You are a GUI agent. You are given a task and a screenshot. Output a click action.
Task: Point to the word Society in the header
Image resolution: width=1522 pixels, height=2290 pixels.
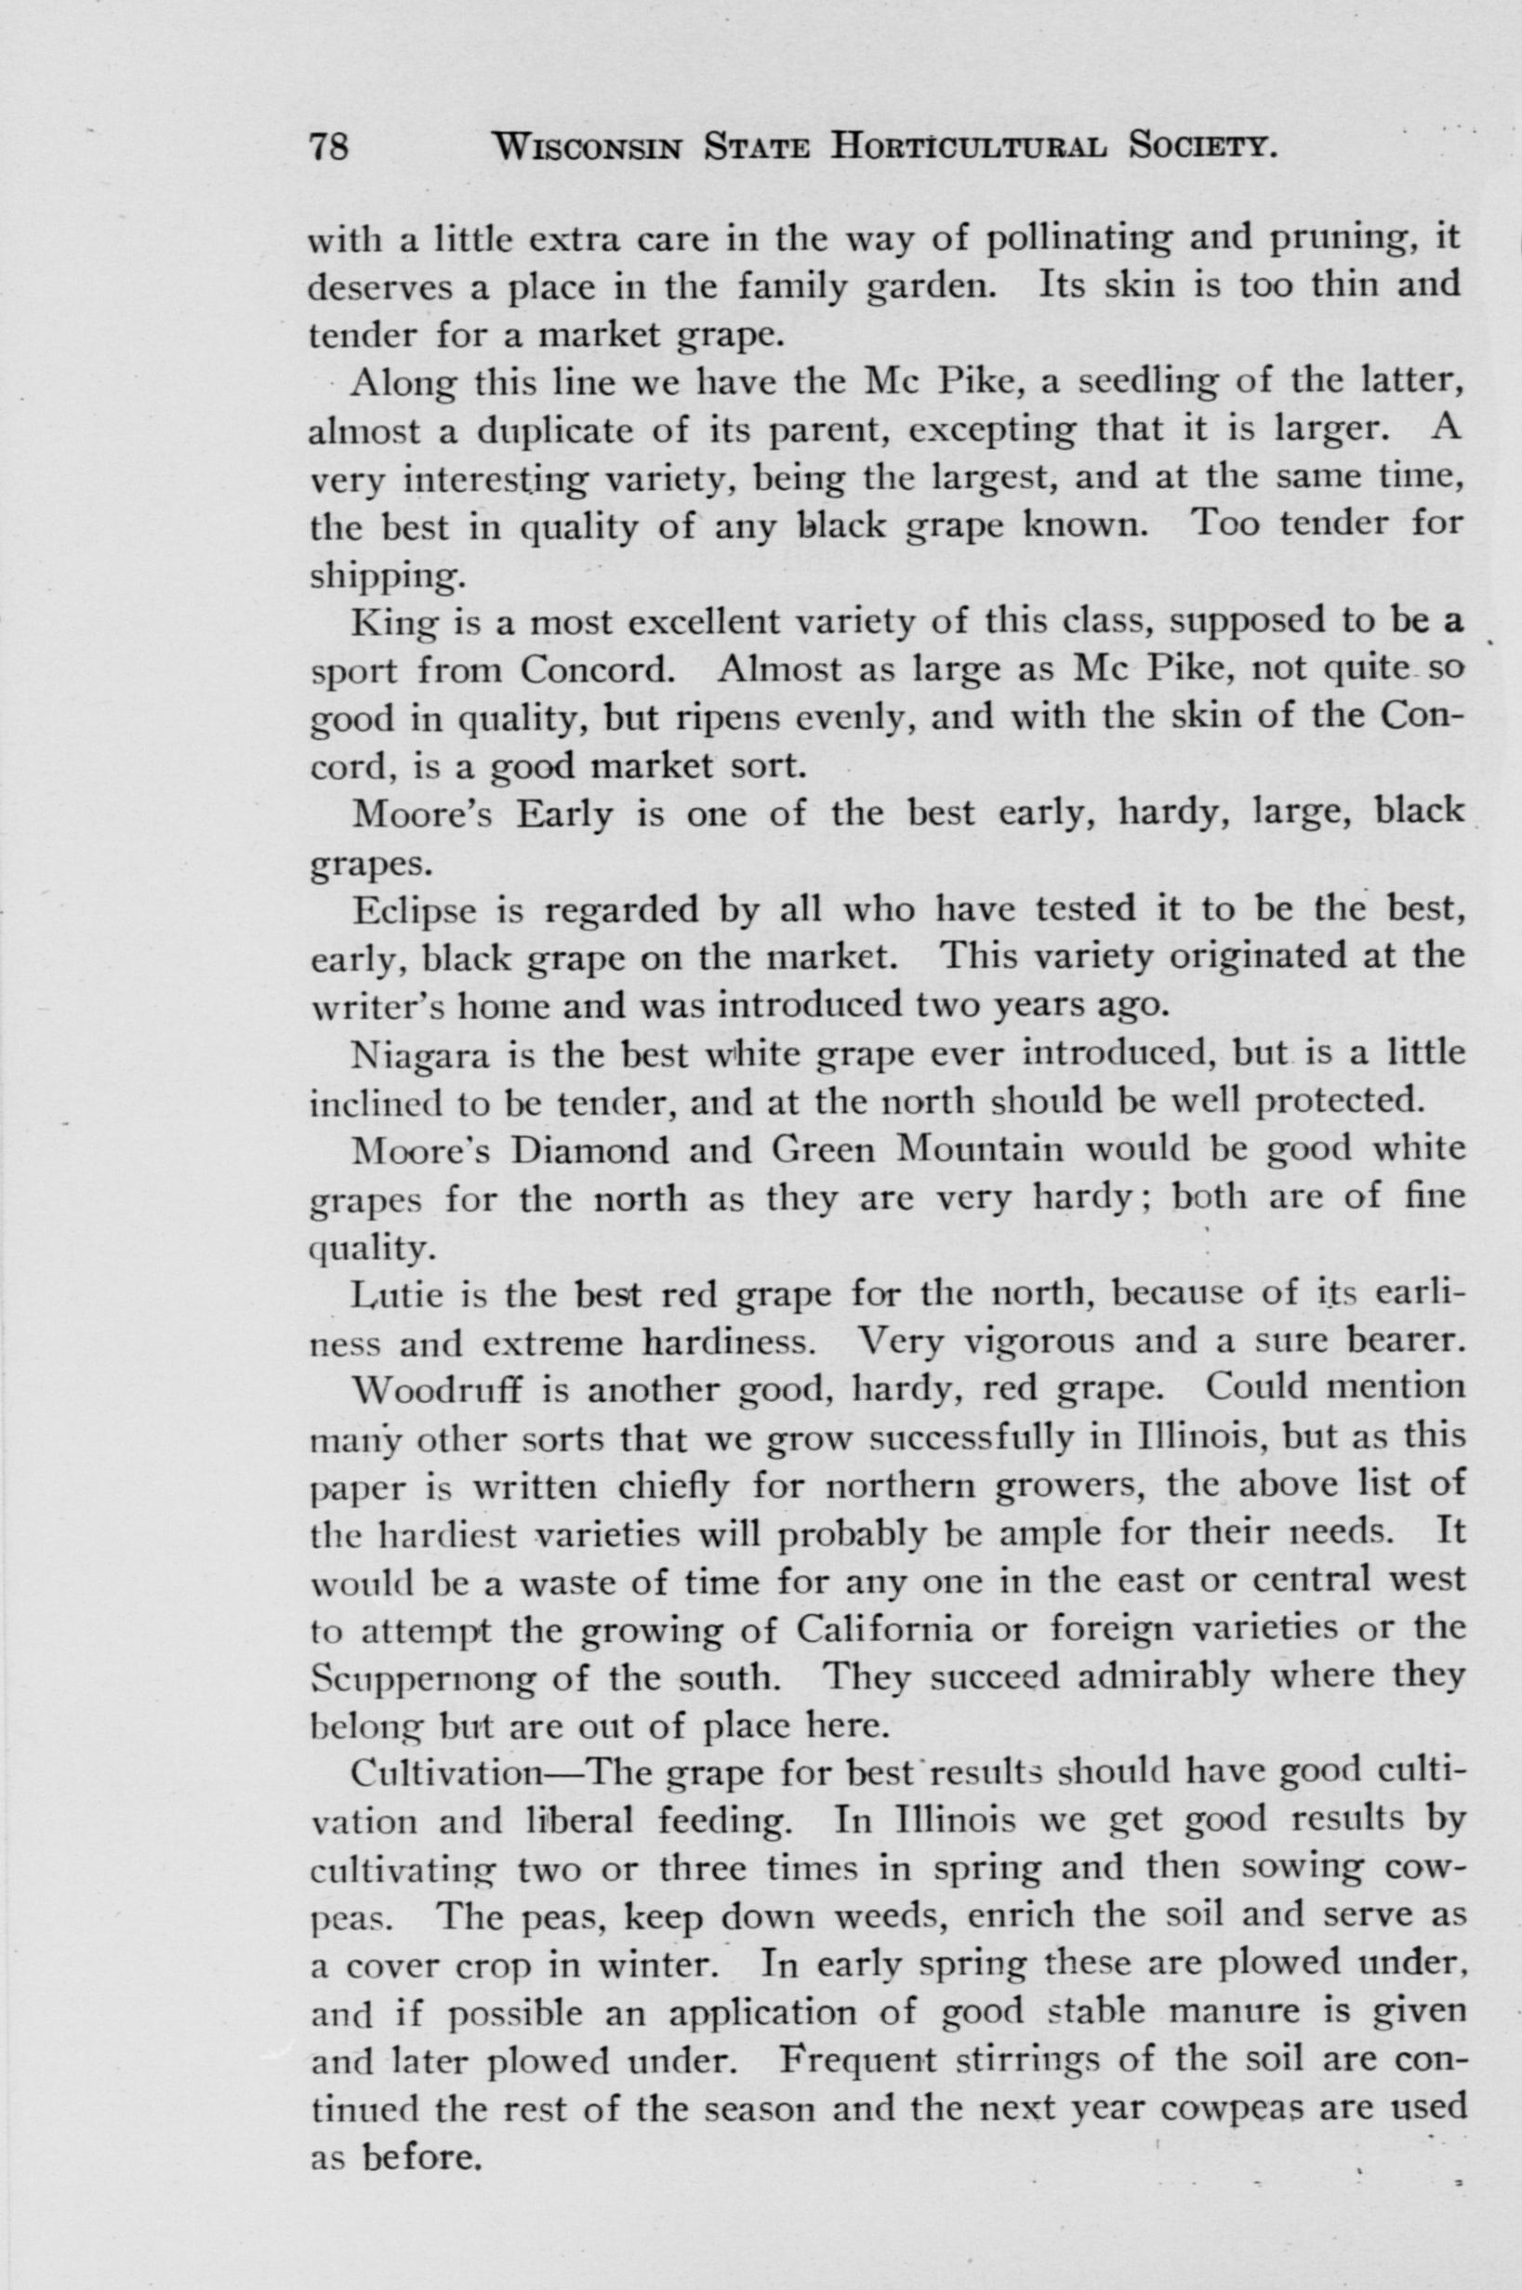(1199, 148)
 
